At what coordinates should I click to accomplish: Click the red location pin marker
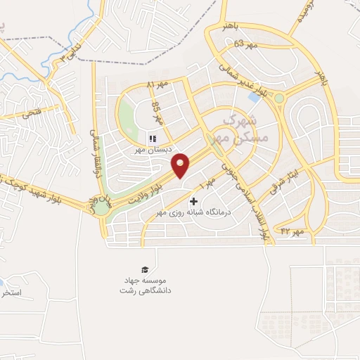click(181, 165)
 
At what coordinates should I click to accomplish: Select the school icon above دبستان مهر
click(152, 139)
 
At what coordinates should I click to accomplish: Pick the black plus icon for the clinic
click(195, 202)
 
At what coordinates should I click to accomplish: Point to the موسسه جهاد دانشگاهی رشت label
click(146, 285)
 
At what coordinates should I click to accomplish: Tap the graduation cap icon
click(146, 270)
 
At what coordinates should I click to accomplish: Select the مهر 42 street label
click(291, 231)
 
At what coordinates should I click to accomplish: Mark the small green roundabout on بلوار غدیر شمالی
click(280, 98)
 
